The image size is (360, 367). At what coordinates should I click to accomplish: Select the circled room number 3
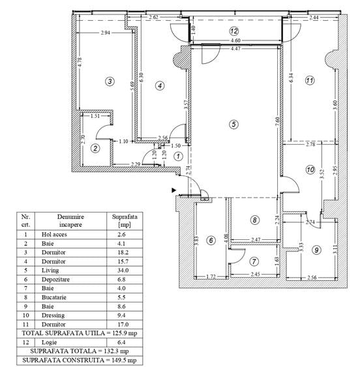(110, 81)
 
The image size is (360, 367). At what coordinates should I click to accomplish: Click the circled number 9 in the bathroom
(316, 249)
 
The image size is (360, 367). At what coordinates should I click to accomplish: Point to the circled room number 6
(211, 241)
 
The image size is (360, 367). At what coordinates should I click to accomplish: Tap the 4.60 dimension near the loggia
(234, 40)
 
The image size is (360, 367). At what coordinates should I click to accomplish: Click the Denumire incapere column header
(65, 219)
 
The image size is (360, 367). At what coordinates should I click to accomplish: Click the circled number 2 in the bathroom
(95, 148)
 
